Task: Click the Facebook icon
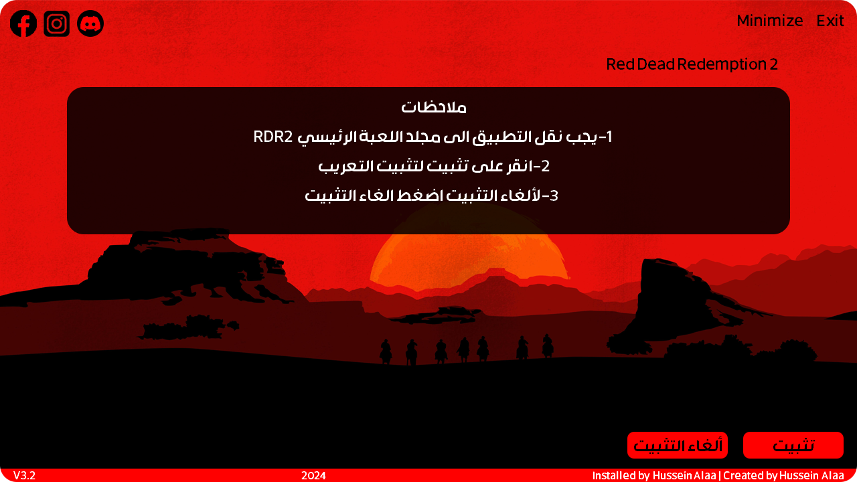point(23,23)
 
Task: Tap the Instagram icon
point(57,23)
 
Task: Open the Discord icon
point(90,23)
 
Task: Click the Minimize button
point(770,21)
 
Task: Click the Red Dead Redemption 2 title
point(692,64)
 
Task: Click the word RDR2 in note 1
point(272,137)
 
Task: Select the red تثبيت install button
point(793,445)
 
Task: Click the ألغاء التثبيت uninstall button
point(678,445)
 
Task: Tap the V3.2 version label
point(25,475)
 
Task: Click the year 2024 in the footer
point(313,475)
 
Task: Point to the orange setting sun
point(469,260)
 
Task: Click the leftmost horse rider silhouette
point(386,351)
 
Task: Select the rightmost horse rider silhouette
point(548,346)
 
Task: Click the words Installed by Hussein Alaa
point(654,475)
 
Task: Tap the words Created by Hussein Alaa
point(783,475)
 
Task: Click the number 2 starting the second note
point(546,166)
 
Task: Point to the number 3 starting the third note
point(554,196)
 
